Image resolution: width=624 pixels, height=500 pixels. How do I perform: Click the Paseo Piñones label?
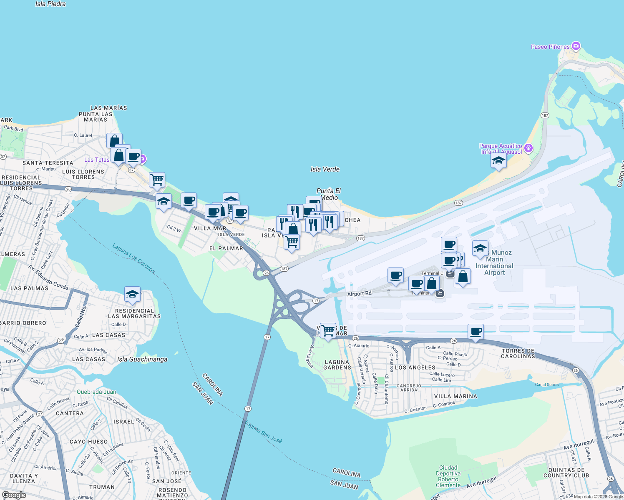click(x=550, y=47)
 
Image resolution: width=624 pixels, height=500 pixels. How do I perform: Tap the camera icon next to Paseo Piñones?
click(x=576, y=46)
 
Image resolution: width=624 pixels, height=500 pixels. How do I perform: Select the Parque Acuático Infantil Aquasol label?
click(x=501, y=149)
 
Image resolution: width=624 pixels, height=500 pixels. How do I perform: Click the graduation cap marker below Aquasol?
click(x=498, y=161)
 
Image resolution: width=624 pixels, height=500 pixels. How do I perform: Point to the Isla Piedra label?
click(x=50, y=4)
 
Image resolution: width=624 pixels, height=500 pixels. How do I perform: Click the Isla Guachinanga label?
click(x=142, y=359)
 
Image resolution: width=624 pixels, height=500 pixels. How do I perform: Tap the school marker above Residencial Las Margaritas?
click(x=132, y=294)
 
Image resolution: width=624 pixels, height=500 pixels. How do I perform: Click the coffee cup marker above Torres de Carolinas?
click(x=476, y=332)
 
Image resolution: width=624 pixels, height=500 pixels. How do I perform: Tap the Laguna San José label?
click(x=264, y=432)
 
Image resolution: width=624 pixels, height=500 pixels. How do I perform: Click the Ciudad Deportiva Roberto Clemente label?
click(x=448, y=476)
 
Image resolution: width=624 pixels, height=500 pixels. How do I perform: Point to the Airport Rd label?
click(x=359, y=294)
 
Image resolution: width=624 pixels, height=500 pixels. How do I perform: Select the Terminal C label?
click(x=432, y=273)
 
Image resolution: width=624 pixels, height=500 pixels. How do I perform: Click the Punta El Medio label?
click(x=329, y=194)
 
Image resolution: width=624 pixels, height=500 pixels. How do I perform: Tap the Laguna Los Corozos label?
click(x=133, y=259)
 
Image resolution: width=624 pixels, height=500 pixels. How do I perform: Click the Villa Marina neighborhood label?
click(x=455, y=396)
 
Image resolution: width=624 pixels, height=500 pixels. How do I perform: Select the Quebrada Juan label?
click(x=96, y=392)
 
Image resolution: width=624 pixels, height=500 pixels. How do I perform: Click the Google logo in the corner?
click(x=14, y=495)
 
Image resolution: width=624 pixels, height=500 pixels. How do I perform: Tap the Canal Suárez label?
click(x=547, y=385)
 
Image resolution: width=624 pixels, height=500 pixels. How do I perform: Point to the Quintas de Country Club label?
click(x=566, y=472)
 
